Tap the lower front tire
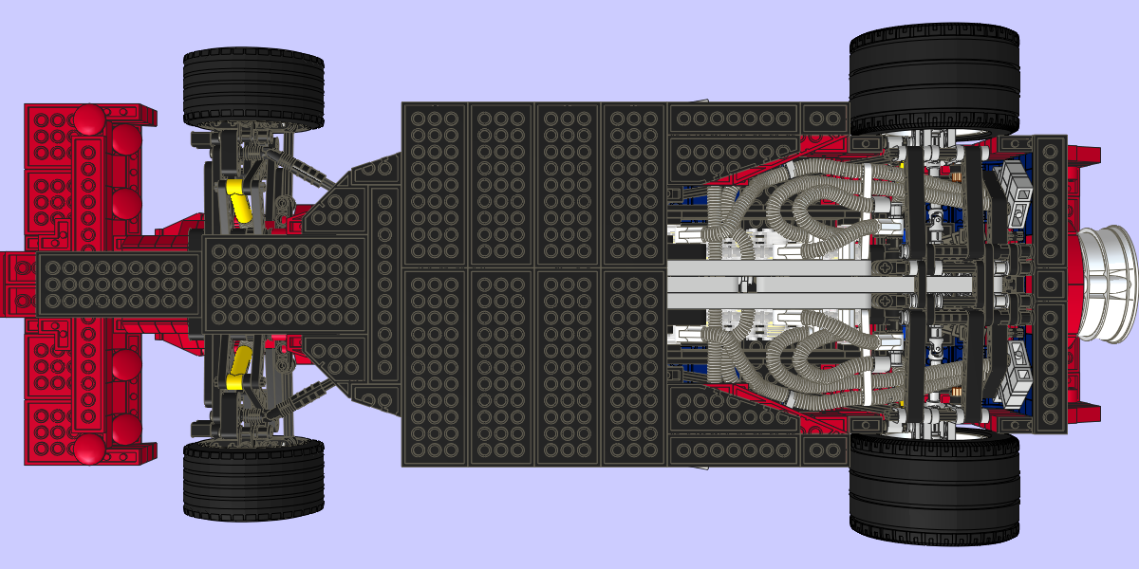click(x=252, y=480)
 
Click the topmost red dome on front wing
click(x=90, y=119)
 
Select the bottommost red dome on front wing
click(x=88, y=450)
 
